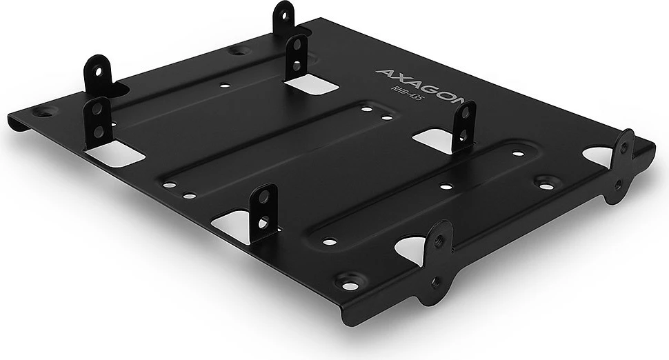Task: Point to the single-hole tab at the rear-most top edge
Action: [x=283, y=19]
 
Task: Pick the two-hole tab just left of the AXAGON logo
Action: [x=297, y=55]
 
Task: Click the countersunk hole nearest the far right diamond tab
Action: [x=546, y=184]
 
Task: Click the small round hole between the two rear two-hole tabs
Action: [x=224, y=86]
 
